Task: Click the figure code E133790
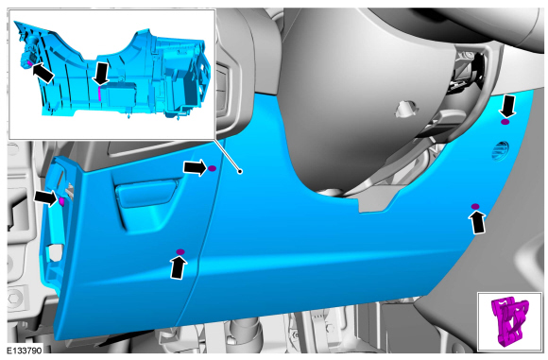click(x=25, y=351)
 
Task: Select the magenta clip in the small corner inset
click(x=510, y=321)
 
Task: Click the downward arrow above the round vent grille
click(x=507, y=107)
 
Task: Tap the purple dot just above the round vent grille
click(x=505, y=122)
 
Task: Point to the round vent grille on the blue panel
click(x=501, y=151)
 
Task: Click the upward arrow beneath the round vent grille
click(x=478, y=223)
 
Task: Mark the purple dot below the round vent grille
click(x=475, y=207)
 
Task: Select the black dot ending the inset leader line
click(x=240, y=171)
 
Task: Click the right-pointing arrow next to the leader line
click(x=196, y=168)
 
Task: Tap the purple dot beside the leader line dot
click(x=213, y=168)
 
